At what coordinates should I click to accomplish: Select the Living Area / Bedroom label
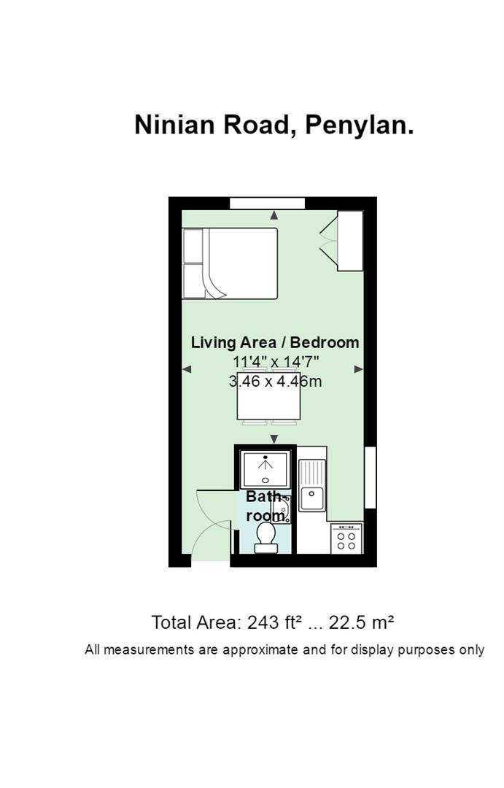[x=275, y=342]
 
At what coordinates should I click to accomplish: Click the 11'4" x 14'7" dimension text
[x=276, y=361]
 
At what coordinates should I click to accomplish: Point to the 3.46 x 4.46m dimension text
[x=276, y=381]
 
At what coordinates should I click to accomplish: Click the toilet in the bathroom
[x=265, y=537]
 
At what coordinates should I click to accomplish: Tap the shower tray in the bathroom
[x=265, y=469]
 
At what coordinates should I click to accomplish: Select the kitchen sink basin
[x=312, y=499]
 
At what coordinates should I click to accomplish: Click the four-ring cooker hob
[x=346, y=538]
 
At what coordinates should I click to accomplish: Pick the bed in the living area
[x=230, y=263]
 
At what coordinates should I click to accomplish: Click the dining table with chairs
[x=269, y=396]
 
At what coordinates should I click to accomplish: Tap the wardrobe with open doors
[x=341, y=241]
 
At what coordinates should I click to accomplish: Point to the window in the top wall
[x=268, y=204]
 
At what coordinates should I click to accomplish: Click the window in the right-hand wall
[x=371, y=477]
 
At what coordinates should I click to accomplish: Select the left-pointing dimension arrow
[x=187, y=369]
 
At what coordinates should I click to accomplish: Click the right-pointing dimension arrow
[x=359, y=369]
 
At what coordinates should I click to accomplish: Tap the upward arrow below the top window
[x=274, y=215]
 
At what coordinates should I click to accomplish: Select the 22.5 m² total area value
[x=361, y=622]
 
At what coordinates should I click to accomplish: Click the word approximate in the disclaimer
[x=260, y=650]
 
